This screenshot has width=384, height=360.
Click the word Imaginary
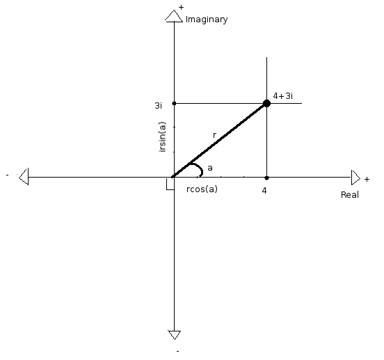pyautogui.click(x=207, y=19)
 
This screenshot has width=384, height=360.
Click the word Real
pyautogui.click(x=350, y=195)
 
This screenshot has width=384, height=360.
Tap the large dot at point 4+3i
pyautogui.click(x=266, y=104)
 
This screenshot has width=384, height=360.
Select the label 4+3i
pyautogui.click(x=283, y=96)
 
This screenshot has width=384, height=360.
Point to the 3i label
pyautogui.click(x=158, y=105)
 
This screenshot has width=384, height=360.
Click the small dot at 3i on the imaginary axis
pyautogui.click(x=174, y=104)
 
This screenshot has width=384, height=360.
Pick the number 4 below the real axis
pyautogui.click(x=264, y=190)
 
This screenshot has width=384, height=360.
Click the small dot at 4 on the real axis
pyautogui.click(x=266, y=178)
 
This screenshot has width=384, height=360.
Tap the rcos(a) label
pyautogui.click(x=202, y=189)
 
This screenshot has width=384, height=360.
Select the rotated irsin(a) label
pyautogui.click(x=162, y=136)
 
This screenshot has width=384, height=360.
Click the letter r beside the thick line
pyautogui.click(x=214, y=135)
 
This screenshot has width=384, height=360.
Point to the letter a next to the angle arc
pyautogui.click(x=210, y=168)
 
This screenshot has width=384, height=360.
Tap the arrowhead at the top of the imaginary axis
pyautogui.click(x=174, y=16)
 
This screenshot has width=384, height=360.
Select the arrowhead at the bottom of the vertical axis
pyautogui.click(x=175, y=335)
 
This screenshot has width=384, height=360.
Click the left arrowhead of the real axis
pyautogui.click(x=24, y=176)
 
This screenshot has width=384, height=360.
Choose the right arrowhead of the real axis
pyautogui.click(x=355, y=178)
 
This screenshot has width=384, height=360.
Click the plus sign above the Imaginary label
pyautogui.click(x=181, y=8)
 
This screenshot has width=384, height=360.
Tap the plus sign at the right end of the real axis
pyautogui.click(x=367, y=180)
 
